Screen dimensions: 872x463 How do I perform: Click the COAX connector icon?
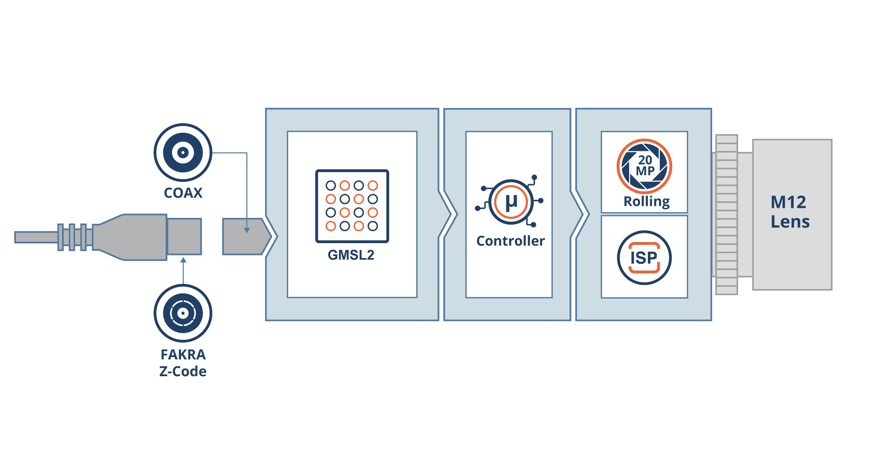coord(183,152)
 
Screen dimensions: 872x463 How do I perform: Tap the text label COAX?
coord(183,193)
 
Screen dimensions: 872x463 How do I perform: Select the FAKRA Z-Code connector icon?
coord(183,313)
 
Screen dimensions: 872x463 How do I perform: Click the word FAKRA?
coord(183,355)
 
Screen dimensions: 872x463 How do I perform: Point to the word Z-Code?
coord(183,371)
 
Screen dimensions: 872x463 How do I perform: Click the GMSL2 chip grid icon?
coord(352,206)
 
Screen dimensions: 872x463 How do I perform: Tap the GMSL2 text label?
coord(351,255)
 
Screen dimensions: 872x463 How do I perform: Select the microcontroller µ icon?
coord(510,202)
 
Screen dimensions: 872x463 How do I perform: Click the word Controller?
coord(510,241)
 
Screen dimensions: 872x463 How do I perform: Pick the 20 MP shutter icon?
coord(644,166)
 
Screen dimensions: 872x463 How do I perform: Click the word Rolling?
coord(647,202)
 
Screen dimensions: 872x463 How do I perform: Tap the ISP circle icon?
coord(644,258)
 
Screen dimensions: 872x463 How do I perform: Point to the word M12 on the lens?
coord(788,202)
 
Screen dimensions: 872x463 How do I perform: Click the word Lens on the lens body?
coord(790,222)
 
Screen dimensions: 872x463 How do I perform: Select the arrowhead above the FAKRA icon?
coord(183,260)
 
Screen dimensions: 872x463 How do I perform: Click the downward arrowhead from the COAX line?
coord(247,230)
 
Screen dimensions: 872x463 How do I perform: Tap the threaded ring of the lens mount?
coord(727,214)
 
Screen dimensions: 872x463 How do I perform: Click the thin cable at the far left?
coord(36,237)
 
